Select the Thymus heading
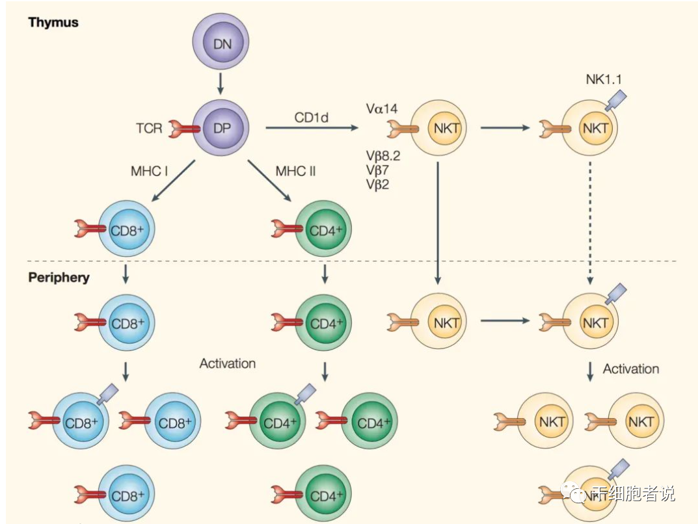[53, 22]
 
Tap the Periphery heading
[59, 277]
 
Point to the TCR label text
[149, 128]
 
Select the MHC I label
[150, 171]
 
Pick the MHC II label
[297, 171]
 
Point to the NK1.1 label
[603, 79]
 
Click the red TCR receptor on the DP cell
[185, 129]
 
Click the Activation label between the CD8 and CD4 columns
[228, 363]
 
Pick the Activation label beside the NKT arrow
[630, 369]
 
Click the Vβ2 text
[378, 184]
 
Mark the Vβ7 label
[378, 170]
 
